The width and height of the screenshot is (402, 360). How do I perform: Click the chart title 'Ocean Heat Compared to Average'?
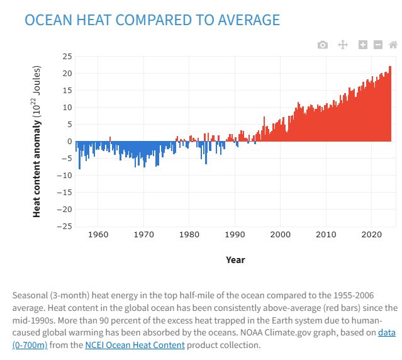pyautogui.click(x=152, y=20)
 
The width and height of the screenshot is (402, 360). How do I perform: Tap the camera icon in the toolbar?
pyautogui.click(x=323, y=45)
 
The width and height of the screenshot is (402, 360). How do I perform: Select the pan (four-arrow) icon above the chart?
pyautogui.click(x=343, y=45)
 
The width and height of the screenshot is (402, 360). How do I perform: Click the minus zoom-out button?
pyautogui.click(x=377, y=45)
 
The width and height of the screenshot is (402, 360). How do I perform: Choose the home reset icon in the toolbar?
pyautogui.click(x=393, y=45)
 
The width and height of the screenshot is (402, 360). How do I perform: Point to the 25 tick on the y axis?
pyautogui.click(x=67, y=57)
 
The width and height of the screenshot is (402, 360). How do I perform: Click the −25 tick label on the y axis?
pyautogui.click(x=64, y=226)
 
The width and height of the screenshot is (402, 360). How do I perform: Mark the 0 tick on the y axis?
pyautogui.click(x=69, y=141)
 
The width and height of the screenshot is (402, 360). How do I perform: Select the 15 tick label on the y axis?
pyautogui.click(x=67, y=91)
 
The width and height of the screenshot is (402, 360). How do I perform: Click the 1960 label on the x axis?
pyautogui.click(x=98, y=235)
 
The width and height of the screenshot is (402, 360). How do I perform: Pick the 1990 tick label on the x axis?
pyautogui.click(x=235, y=235)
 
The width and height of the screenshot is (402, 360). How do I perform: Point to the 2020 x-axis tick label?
pyautogui.click(x=371, y=235)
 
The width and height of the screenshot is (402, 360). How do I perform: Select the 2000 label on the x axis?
pyautogui.click(x=280, y=235)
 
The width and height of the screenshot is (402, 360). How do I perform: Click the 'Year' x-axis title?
pyautogui.click(x=235, y=259)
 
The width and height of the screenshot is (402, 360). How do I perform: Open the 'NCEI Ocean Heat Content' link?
pyautogui.click(x=135, y=345)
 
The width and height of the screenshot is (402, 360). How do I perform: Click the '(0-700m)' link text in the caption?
pyautogui.click(x=30, y=345)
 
